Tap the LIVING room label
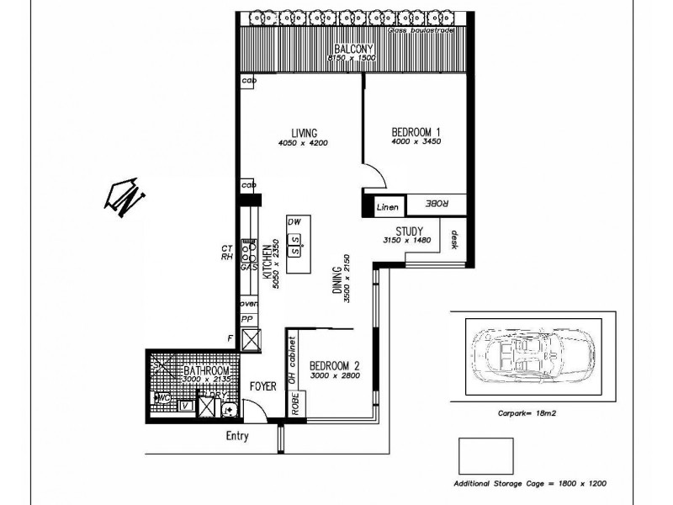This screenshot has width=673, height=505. (x=304, y=133)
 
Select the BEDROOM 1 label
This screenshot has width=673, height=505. (x=416, y=132)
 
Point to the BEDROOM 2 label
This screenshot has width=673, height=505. (x=334, y=365)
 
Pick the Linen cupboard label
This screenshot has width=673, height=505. (x=386, y=206)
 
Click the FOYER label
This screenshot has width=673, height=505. (x=263, y=385)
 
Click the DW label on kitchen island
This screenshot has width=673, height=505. (x=294, y=221)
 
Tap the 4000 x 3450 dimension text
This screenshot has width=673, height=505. (x=416, y=142)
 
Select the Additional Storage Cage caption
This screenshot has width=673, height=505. (x=530, y=485)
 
